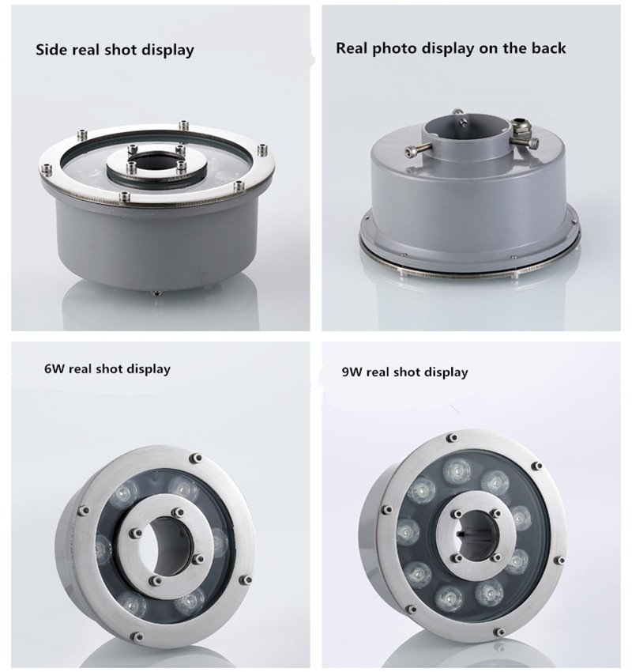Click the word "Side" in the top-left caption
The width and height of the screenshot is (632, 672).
click(x=51, y=49)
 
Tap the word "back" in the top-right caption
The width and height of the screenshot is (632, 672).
click(x=548, y=47)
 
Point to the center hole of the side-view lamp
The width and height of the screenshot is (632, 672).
click(x=156, y=164)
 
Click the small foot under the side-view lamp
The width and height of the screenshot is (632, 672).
click(x=156, y=293)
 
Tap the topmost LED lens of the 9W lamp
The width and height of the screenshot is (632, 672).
click(x=457, y=470)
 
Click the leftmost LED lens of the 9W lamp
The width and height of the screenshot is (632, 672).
click(x=408, y=531)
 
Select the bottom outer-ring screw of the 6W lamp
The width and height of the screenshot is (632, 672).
click(x=137, y=636)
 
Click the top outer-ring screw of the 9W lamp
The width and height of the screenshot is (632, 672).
click(x=452, y=438)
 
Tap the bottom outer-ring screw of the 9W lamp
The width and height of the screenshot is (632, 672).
click(x=498, y=632)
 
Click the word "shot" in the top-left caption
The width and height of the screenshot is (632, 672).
click(x=122, y=49)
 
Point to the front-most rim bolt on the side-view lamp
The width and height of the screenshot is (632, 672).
click(x=125, y=196)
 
